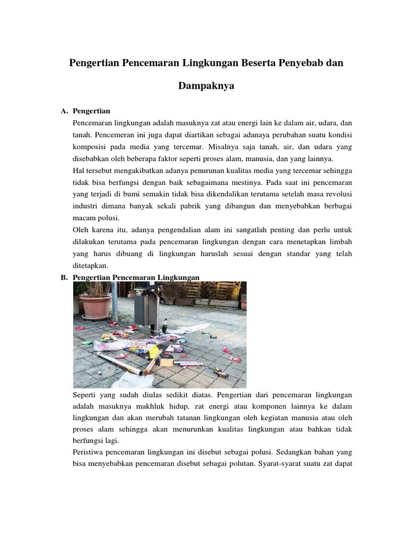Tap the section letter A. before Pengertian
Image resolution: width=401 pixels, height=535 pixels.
point(65,111)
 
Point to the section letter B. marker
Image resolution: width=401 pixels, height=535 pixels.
point(65,277)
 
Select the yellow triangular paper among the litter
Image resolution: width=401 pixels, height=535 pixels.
point(154,352)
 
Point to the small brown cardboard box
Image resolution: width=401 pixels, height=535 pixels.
point(166,361)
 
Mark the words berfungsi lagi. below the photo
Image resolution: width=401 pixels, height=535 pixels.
point(97,440)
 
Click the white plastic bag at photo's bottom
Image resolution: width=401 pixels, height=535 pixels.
point(128,377)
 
